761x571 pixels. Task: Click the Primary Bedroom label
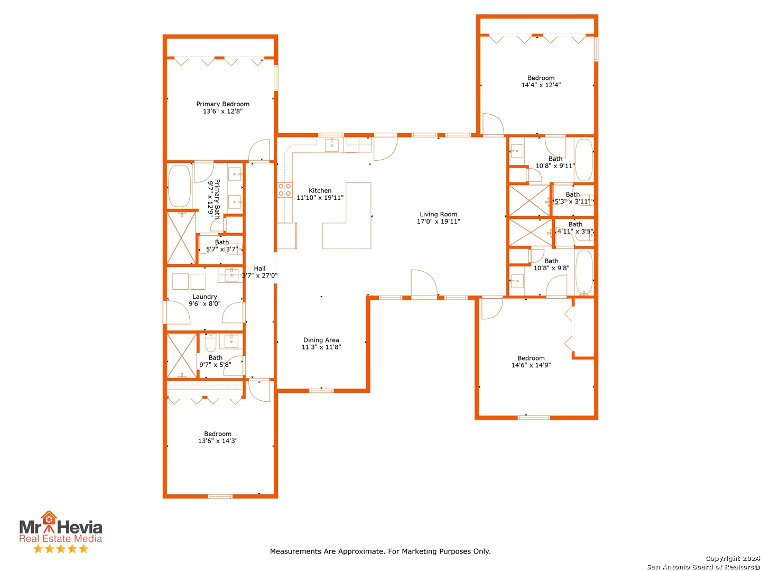coord(222,104)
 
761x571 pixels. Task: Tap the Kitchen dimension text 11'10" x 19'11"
coord(320,198)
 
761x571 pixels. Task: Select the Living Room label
coord(438,214)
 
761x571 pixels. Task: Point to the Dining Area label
coord(321,340)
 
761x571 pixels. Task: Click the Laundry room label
coord(205,297)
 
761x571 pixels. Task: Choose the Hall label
coord(259,268)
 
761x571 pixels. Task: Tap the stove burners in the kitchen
coord(285,190)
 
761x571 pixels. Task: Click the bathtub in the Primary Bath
coord(179,186)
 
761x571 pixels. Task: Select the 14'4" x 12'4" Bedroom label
coord(541,78)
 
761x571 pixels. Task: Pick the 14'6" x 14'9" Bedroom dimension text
coord(531,365)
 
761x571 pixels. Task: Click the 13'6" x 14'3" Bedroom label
coord(218,434)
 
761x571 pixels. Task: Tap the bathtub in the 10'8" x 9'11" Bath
coord(583,159)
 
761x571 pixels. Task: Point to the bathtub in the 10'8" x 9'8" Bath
coord(584,273)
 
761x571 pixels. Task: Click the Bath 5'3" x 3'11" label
coord(572,195)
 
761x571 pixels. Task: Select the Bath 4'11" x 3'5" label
coord(575,225)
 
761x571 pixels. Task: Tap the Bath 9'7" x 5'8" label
coord(215,358)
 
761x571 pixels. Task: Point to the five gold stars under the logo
coord(61,549)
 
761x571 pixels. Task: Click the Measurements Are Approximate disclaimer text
coord(380,551)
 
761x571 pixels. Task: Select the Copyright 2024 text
coord(732,558)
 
